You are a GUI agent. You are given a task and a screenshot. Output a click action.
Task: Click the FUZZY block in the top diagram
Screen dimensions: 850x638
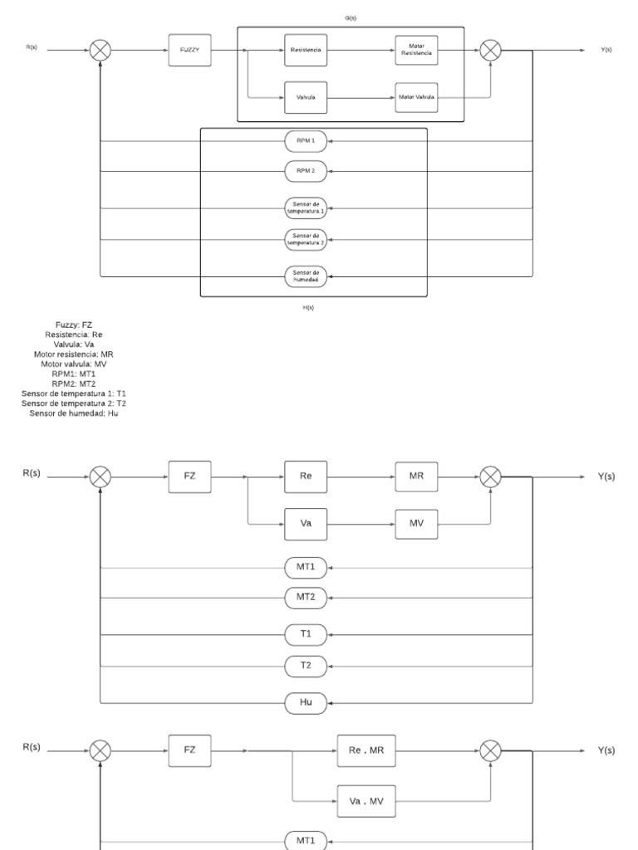coord(189,50)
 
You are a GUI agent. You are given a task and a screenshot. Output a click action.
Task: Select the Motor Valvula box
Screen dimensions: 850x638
coord(417,97)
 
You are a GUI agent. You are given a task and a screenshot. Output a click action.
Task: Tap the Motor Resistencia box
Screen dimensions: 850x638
coord(417,50)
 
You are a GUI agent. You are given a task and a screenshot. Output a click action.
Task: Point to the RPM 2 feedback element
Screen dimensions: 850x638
coord(306,170)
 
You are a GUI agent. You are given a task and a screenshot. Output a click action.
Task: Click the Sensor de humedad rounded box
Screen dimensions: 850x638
coord(306,276)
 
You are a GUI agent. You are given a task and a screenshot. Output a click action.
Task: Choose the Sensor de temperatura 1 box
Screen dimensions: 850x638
coord(306,206)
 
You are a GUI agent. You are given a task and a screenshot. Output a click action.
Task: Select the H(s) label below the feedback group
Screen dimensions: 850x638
coord(308,307)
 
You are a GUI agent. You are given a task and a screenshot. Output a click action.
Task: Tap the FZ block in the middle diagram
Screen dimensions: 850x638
coord(189,476)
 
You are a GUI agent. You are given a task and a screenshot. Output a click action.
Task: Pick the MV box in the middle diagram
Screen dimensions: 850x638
coord(417,524)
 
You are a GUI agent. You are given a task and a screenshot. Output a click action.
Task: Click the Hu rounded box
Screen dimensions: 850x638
coord(306,702)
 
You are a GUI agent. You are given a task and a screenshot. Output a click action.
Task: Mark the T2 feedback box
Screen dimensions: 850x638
coord(306,666)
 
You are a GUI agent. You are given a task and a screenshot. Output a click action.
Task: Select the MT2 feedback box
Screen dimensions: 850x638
coord(306,597)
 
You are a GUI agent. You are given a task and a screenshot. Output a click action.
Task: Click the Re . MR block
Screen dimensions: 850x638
coord(367,750)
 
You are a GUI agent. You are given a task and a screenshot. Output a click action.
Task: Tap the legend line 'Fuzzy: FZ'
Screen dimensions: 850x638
coord(76,325)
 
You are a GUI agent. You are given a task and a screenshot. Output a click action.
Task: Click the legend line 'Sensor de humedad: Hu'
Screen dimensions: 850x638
coord(76,413)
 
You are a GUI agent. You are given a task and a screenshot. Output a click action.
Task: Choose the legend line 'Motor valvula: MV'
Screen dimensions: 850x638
coord(76,364)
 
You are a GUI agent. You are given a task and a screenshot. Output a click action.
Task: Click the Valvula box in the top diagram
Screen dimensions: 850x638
coord(306,97)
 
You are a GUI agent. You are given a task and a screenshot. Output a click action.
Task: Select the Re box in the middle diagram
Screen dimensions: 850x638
coord(306,476)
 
